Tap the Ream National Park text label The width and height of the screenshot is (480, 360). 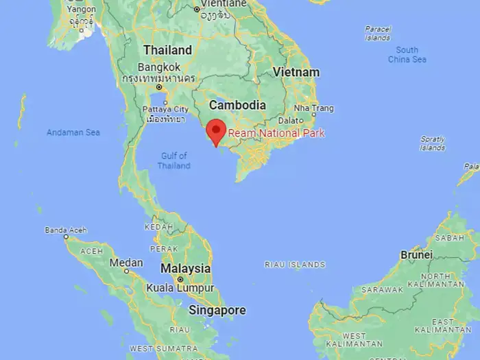(276, 133)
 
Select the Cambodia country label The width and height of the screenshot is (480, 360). (237, 106)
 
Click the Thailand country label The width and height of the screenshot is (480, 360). (167, 51)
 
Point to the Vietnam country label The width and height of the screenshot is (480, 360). (296, 72)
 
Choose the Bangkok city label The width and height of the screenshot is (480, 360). (158, 67)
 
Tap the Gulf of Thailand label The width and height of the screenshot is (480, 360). (173, 160)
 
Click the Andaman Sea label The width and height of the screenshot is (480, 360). (73, 132)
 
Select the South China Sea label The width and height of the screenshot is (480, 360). (407, 55)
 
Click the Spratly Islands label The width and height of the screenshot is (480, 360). (432, 143)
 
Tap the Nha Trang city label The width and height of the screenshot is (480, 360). (313, 108)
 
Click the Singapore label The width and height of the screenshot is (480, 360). (217, 311)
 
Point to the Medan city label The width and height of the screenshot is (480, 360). (126, 263)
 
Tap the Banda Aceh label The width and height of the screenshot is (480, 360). (62, 229)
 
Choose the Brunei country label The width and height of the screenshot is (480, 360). (416, 254)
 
